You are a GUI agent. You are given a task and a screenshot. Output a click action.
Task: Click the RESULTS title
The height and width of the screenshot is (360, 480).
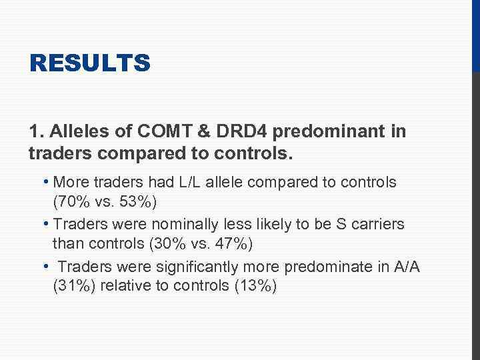click(90, 64)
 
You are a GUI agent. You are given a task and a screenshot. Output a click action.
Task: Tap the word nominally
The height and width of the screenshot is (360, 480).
click(192, 224)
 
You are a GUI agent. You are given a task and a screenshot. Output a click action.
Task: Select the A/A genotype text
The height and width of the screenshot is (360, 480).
click(407, 267)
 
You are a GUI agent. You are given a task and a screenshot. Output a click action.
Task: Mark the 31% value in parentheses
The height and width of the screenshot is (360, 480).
click(75, 287)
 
